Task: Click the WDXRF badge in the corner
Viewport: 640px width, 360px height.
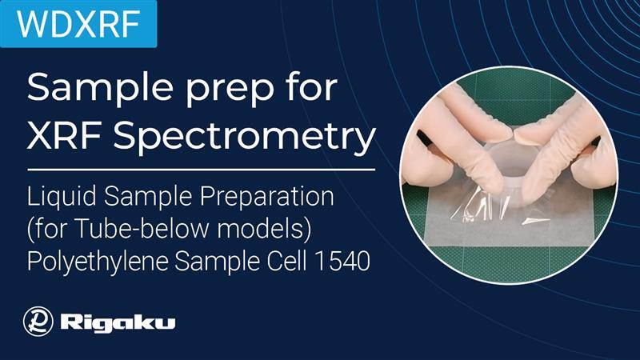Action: [78, 23]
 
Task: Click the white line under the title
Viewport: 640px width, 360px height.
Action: [201, 169]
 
